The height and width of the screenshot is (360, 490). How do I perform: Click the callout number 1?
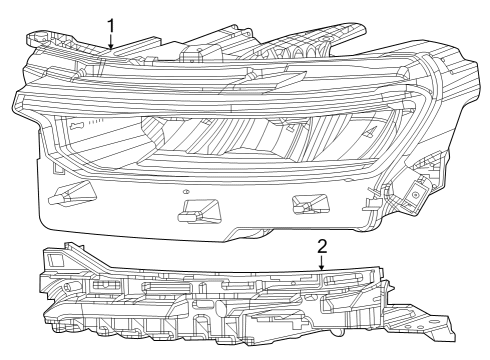(111, 25)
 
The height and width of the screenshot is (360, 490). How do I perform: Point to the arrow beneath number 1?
(111, 42)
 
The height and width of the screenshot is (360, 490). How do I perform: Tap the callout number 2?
(322, 244)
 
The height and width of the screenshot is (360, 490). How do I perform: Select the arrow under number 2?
(322, 262)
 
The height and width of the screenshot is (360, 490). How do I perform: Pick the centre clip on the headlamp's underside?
(195, 209)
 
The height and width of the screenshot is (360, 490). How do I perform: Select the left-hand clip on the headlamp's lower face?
(75, 192)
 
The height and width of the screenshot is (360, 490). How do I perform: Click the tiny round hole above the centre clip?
(186, 189)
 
